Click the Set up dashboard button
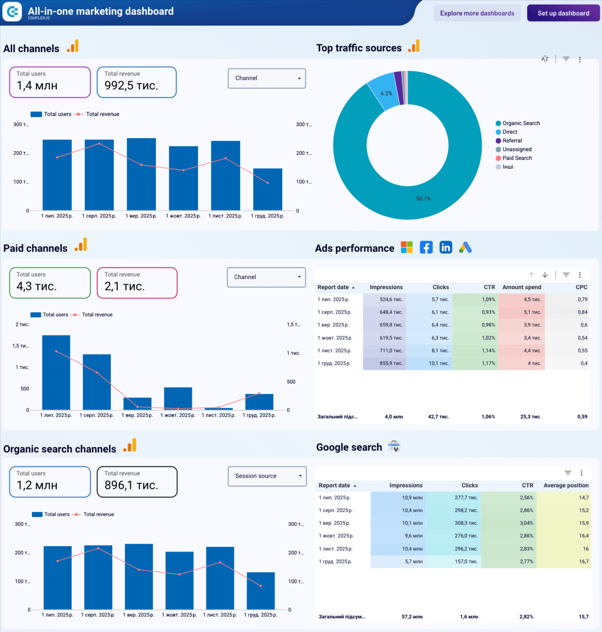563,13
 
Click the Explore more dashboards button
477,13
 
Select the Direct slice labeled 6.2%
385,93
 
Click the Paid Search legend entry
517,158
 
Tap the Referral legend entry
512,141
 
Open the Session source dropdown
267,476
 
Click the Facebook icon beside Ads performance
426,248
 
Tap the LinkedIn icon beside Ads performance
446,248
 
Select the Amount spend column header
521,287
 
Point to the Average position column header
565,485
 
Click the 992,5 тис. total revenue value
131,86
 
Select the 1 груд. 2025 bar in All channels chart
268,189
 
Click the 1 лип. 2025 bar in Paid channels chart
56,372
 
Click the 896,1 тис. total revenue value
131,485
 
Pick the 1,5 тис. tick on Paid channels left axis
20,346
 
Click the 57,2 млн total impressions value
412,617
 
